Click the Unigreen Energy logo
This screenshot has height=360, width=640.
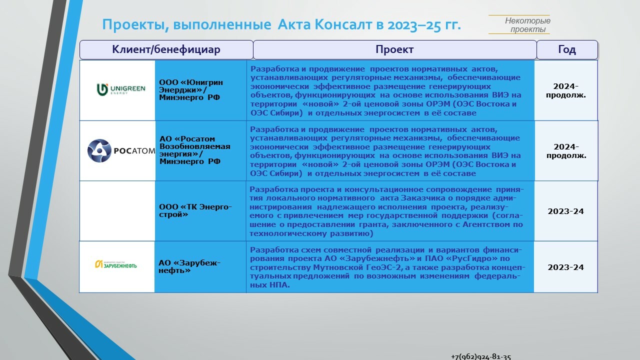pyautogui.click(x=120, y=89)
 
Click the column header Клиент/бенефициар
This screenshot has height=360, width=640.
pyautogui.click(x=166, y=50)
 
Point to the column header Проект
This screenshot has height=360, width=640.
pyautogui.click(x=394, y=50)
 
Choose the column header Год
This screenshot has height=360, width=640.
pyautogui.click(x=567, y=50)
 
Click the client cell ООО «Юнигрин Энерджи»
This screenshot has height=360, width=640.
pyautogui.click(x=191, y=89)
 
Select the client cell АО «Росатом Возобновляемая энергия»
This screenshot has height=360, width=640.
pyautogui.click(x=195, y=150)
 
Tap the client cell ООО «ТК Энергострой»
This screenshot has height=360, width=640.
pyautogui.click(x=195, y=210)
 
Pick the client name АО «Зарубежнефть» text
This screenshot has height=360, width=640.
pyautogui.click(x=189, y=266)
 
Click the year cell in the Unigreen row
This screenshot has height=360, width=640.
pyautogui.click(x=566, y=90)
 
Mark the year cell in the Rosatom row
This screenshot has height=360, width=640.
pyautogui.click(x=566, y=151)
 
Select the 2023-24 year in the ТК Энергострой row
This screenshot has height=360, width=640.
pyautogui.click(x=566, y=211)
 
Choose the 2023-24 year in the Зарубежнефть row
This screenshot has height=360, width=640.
pyautogui.click(x=566, y=267)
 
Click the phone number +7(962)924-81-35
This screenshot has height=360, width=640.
pyautogui.click(x=481, y=356)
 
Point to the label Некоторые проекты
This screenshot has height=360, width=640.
pyautogui.click(x=527, y=25)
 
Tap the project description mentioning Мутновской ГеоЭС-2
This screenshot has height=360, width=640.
pyautogui.click(x=386, y=267)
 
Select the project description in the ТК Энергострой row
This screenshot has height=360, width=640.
pyautogui.click(x=386, y=211)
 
